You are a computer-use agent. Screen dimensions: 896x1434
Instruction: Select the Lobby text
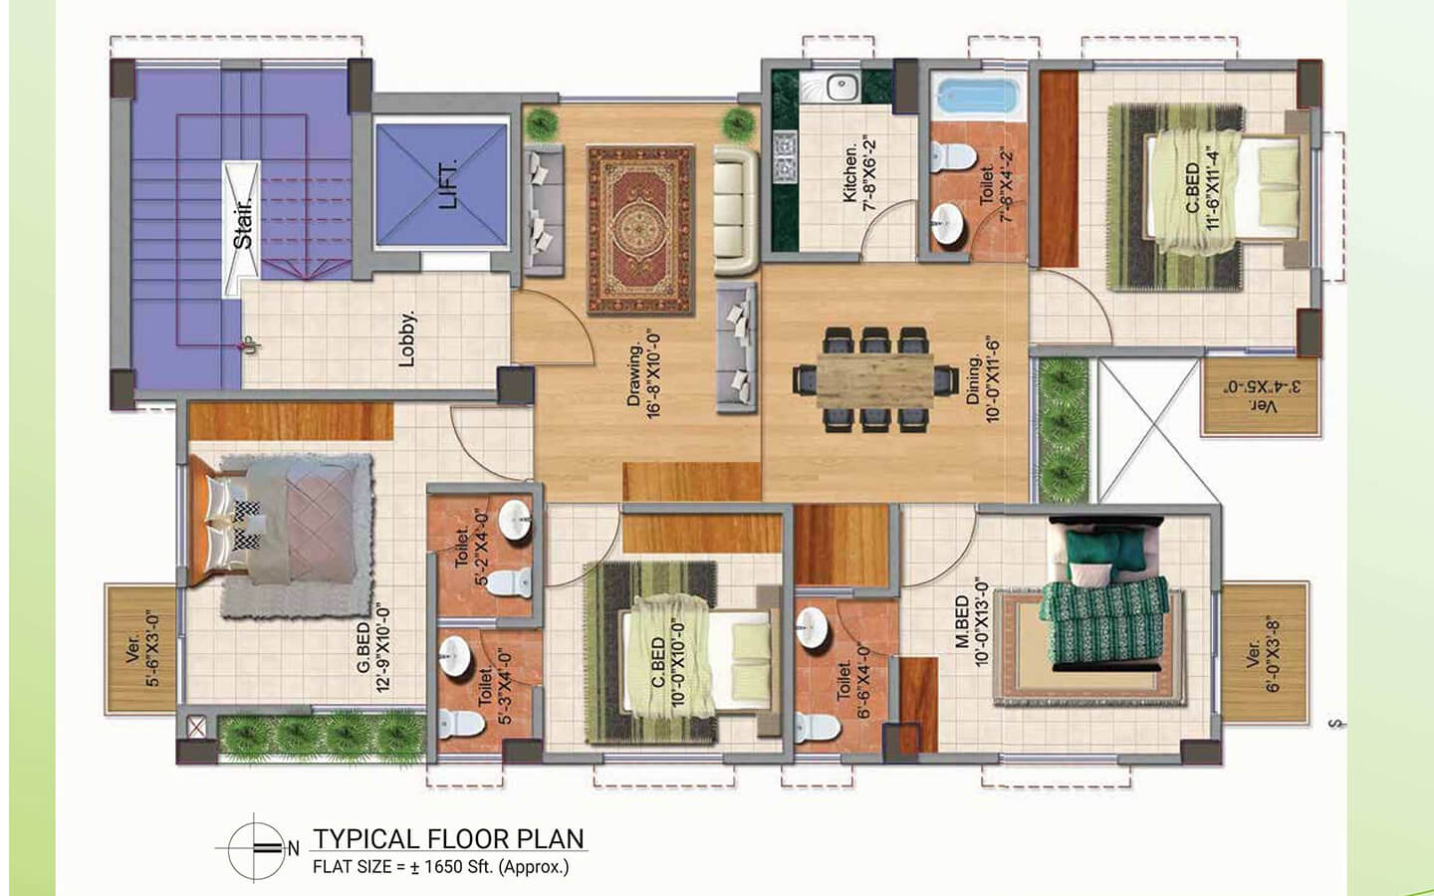coord(406,338)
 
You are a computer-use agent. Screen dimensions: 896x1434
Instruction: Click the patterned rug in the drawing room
coord(638,230)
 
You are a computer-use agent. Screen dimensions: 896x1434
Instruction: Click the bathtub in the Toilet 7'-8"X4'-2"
coord(977,99)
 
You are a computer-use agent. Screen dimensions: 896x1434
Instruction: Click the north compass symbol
coord(256,848)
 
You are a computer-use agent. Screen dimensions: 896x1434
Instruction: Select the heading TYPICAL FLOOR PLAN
coord(449,838)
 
